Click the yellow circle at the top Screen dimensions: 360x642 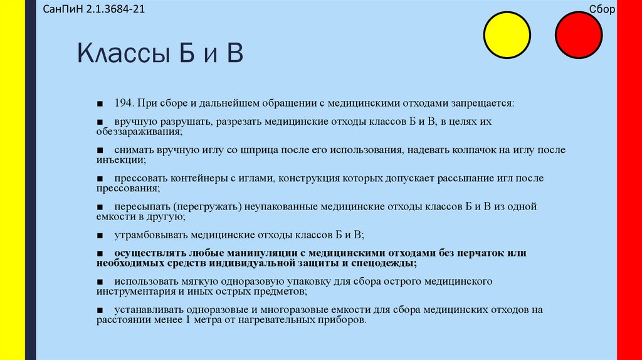508,35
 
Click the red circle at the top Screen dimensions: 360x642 580,35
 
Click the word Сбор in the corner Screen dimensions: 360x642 603,10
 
